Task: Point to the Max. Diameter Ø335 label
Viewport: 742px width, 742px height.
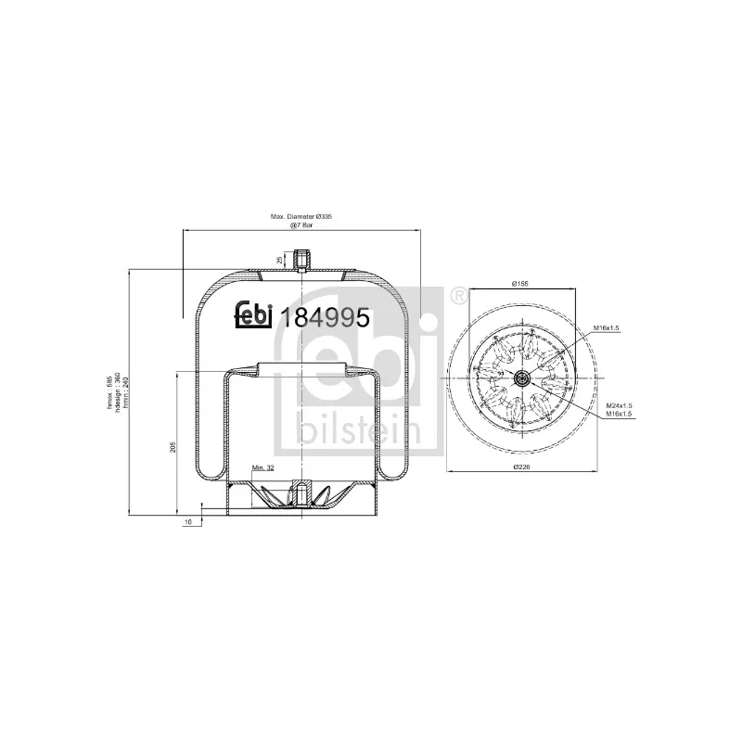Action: (x=301, y=216)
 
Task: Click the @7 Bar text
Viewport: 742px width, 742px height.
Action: (x=301, y=225)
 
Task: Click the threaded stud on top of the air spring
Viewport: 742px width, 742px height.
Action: (x=301, y=260)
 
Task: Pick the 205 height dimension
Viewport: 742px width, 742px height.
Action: (x=173, y=448)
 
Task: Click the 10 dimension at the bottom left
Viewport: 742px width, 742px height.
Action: (x=188, y=523)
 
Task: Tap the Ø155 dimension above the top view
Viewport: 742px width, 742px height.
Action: (x=521, y=283)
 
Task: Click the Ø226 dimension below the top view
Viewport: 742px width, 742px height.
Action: (x=522, y=467)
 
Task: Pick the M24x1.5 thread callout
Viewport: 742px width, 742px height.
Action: (x=620, y=406)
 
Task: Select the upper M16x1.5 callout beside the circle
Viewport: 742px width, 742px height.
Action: (x=606, y=329)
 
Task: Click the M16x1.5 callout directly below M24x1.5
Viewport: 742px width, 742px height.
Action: (x=620, y=415)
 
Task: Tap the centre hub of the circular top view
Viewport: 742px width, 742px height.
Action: (x=520, y=377)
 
